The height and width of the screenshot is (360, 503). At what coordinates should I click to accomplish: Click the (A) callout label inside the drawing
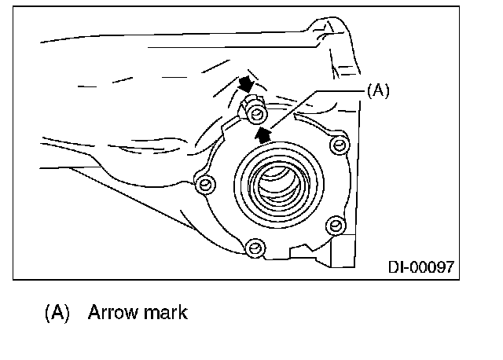377,91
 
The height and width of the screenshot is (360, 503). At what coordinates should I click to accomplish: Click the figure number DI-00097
420,266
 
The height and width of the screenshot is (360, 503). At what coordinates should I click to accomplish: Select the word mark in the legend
166,312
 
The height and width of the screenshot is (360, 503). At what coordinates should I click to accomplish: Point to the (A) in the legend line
57,312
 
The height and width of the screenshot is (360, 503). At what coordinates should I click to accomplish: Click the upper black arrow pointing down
247,83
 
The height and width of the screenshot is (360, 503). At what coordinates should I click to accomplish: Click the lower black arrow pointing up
268,135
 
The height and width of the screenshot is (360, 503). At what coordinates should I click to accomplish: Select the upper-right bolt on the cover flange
339,145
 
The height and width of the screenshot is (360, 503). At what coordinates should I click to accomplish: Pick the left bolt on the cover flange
206,185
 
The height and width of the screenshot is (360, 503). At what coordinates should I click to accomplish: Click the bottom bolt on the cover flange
253,248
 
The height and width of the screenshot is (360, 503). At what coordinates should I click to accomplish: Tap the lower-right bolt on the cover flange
336,225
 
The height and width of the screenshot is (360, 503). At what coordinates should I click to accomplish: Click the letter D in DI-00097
392,266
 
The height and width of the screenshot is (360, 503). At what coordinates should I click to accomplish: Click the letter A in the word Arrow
94,312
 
